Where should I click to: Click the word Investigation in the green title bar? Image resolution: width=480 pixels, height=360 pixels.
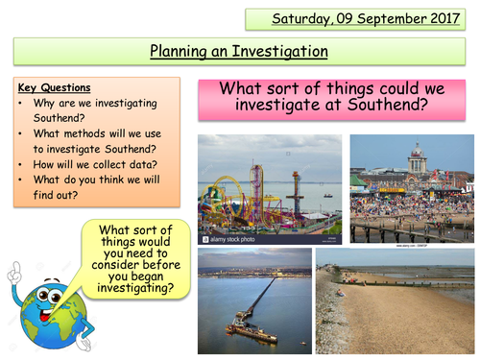click(279, 51)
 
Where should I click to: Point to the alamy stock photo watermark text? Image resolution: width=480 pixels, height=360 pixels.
click(225, 236)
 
